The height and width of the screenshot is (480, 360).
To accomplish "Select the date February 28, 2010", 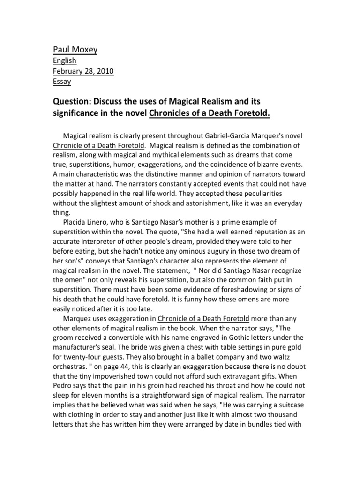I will coord(82,71).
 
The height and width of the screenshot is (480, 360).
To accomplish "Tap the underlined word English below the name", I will coord(64,60).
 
